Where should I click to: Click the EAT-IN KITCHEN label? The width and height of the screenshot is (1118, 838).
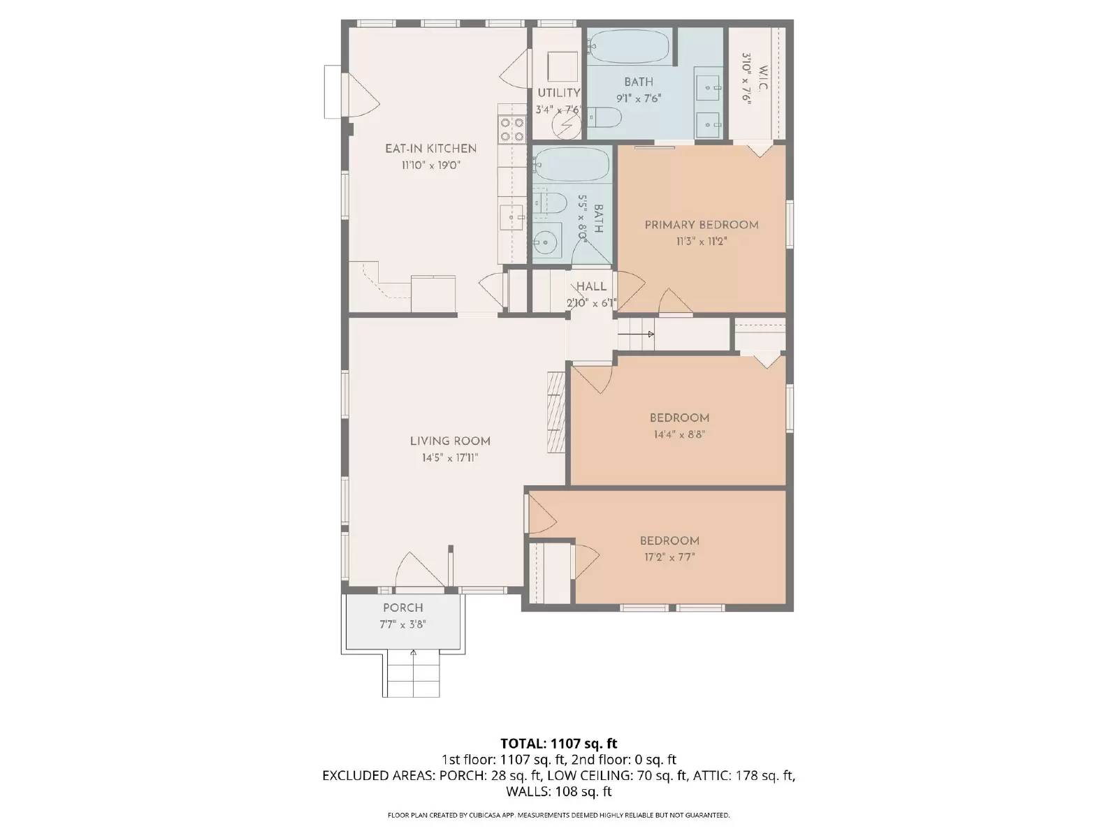click(430, 148)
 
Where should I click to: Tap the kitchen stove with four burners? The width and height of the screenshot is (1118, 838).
click(511, 129)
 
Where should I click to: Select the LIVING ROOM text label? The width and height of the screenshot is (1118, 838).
click(450, 441)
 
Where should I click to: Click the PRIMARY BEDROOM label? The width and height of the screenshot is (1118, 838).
click(701, 225)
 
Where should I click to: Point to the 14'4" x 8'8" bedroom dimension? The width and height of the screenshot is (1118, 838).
click(679, 434)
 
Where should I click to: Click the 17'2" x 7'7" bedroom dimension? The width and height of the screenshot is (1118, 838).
click(669, 557)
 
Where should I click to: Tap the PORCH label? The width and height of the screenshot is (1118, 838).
click(402, 608)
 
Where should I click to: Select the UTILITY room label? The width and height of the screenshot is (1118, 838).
click(558, 93)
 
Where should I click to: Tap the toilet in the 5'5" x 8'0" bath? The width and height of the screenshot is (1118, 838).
click(551, 203)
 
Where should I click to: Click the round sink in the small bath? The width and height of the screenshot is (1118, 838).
click(545, 242)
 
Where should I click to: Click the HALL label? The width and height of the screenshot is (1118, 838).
click(591, 286)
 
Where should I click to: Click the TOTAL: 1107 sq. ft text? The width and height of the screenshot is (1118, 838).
click(558, 743)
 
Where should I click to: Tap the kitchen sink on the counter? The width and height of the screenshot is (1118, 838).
click(514, 219)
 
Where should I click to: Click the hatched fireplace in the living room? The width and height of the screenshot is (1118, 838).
click(556, 413)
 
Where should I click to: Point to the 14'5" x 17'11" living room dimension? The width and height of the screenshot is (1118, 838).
click(450, 458)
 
